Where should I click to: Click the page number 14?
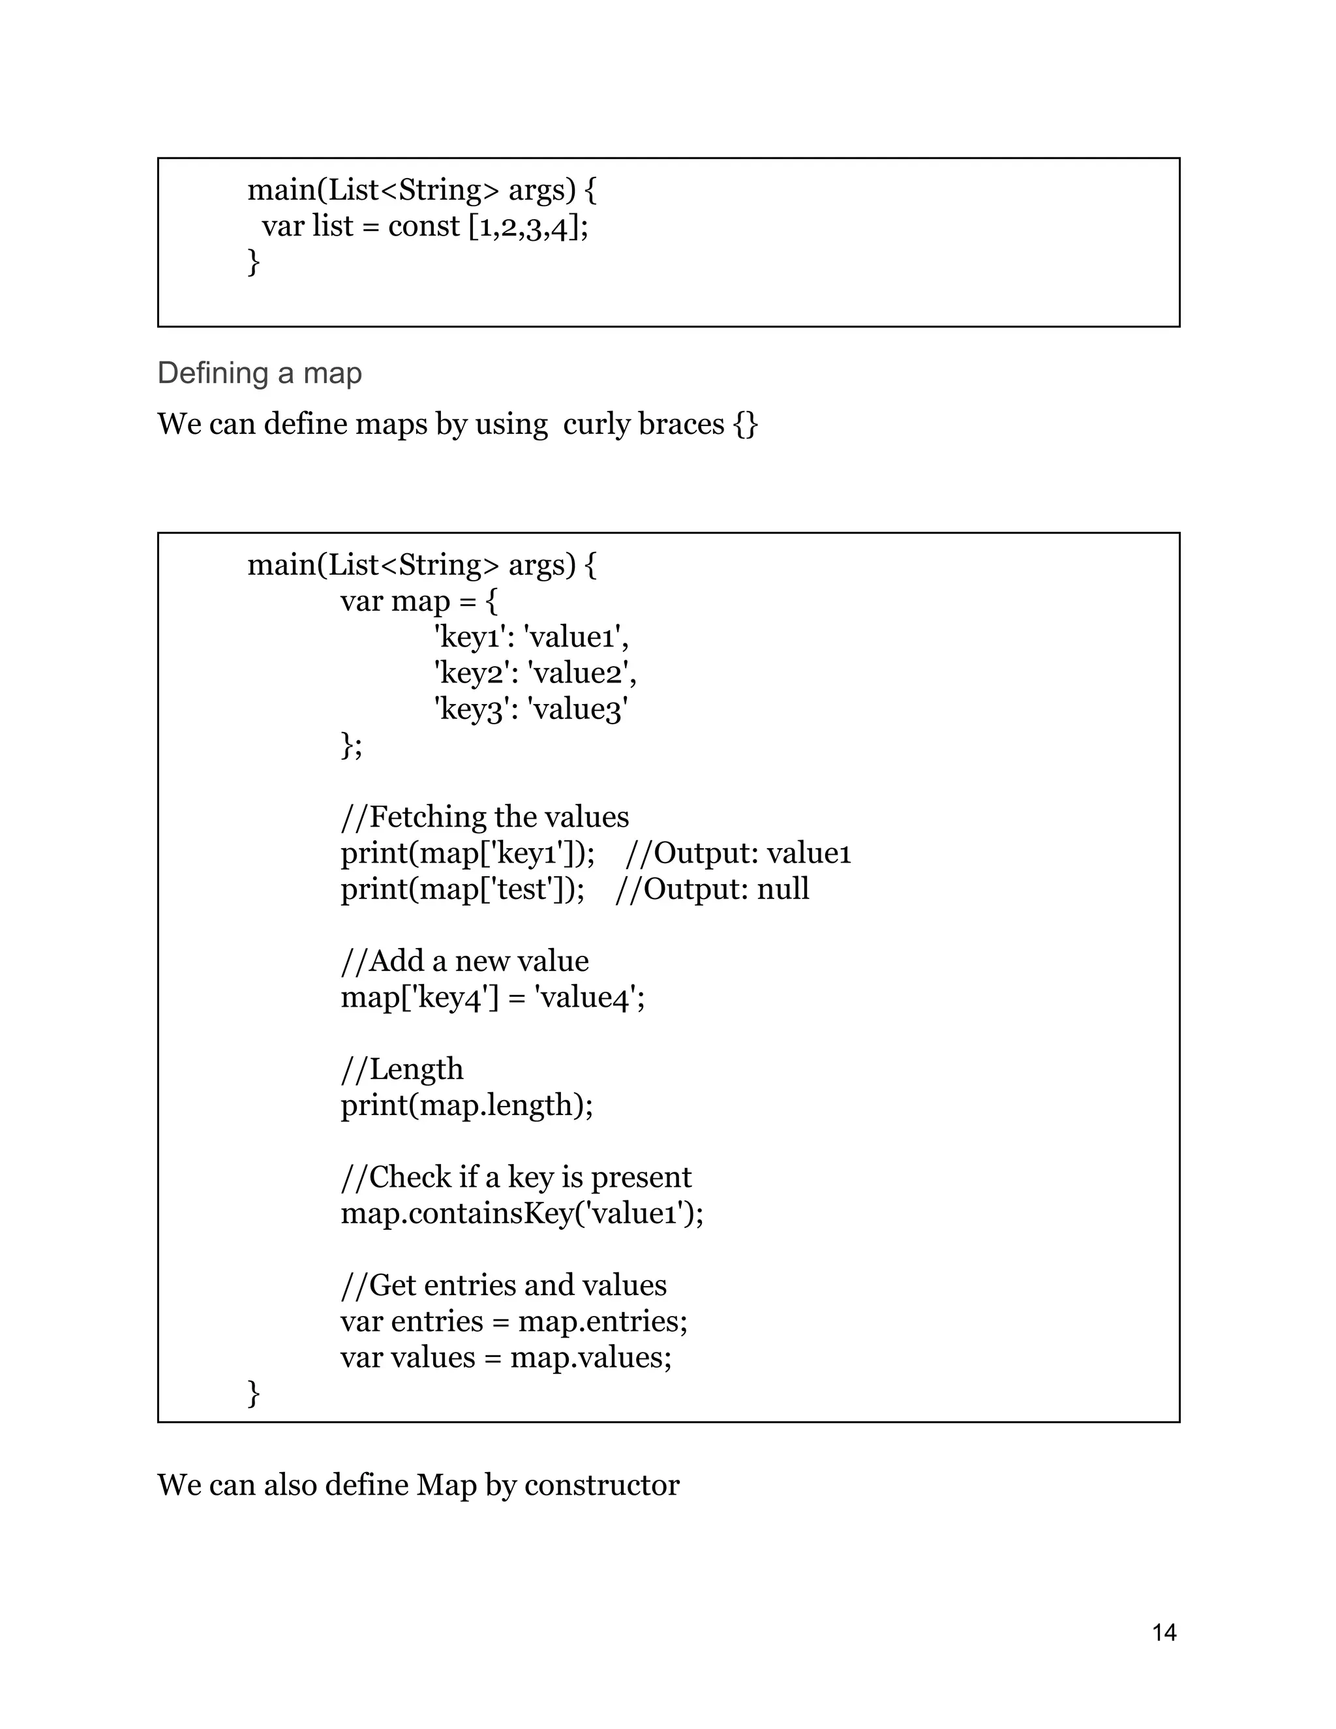[1164, 1632]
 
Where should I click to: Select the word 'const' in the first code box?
[423, 226]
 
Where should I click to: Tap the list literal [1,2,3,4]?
[528, 228]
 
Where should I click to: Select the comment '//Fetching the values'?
[485, 816]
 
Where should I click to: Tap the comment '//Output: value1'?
[738, 853]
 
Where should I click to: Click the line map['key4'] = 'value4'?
[493, 997]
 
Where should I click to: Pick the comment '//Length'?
[401, 1069]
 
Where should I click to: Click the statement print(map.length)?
[466, 1105]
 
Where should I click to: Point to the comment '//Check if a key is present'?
[515, 1177]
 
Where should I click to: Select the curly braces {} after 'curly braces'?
[746, 424]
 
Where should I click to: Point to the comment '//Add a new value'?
[464, 960]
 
